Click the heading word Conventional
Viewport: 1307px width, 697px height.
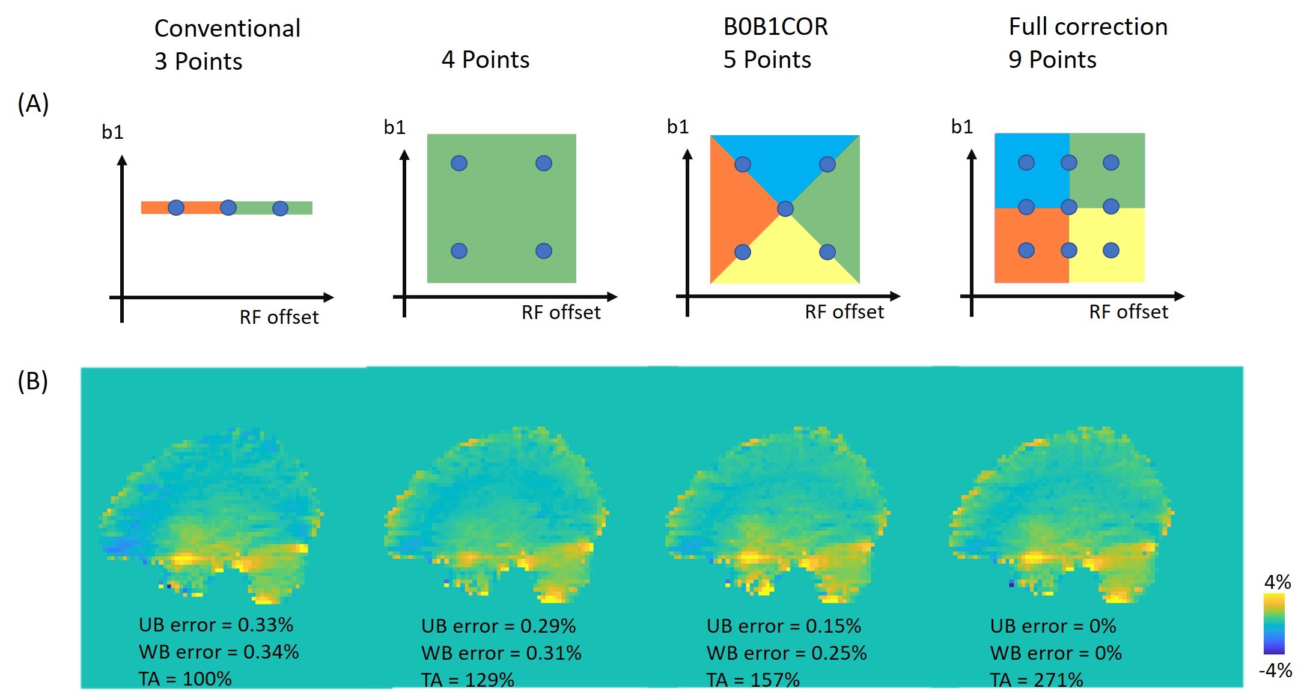pos(227,28)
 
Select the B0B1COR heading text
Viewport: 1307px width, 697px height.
pos(775,26)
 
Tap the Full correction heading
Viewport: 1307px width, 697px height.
pos(1088,26)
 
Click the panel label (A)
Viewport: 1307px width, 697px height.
pos(33,103)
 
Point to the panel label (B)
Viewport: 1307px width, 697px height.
pos(33,381)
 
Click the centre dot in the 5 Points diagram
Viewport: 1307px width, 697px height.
pos(785,208)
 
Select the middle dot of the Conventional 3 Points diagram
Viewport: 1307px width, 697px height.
pos(228,208)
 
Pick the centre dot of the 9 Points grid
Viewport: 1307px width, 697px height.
pos(1068,207)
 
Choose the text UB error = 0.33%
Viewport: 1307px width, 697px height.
pos(216,625)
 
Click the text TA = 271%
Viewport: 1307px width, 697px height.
pos(1036,680)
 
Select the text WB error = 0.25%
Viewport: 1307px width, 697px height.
pos(786,653)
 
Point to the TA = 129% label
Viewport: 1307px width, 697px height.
pos(468,680)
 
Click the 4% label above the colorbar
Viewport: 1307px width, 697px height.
pos(1277,582)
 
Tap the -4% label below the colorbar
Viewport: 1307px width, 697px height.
pos(1275,670)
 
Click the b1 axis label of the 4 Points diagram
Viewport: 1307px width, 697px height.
pos(395,127)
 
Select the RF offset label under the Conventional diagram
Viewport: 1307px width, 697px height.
pos(279,317)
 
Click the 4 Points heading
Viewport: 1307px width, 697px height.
pos(485,59)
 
